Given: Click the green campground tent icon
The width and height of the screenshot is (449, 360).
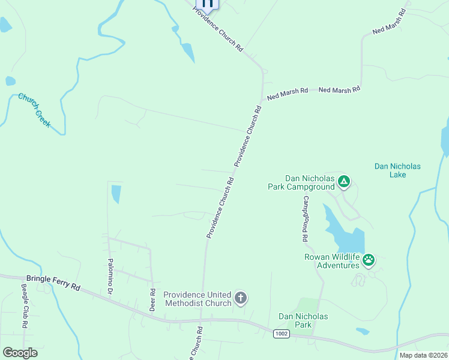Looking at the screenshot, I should click(343, 181).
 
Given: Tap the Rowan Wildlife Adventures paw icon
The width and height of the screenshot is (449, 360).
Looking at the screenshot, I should click(369, 260).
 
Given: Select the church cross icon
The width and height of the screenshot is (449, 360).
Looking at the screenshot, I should click(240, 298).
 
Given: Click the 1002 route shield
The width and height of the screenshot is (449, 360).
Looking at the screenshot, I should click(280, 334).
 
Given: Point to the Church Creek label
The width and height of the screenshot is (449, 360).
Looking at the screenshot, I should click(34, 110).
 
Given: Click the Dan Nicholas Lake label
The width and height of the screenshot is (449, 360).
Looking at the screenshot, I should click(397, 170).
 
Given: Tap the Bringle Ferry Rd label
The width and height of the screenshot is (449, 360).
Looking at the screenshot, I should click(53, 282).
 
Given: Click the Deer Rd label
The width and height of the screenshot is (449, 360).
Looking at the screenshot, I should click(152, 299).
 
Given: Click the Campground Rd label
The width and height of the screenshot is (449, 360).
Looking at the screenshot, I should click(306, 218).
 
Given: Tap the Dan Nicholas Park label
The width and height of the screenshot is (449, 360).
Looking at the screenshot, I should click(303, 320).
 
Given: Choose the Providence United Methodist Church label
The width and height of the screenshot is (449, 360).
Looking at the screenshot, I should click(197, 299).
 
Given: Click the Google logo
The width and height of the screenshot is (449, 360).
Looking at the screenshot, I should click(20, 353).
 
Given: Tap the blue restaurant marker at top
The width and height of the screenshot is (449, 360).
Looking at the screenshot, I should click(208, 4).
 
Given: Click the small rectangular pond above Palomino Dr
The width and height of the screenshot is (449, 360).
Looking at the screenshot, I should click(116, 194).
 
